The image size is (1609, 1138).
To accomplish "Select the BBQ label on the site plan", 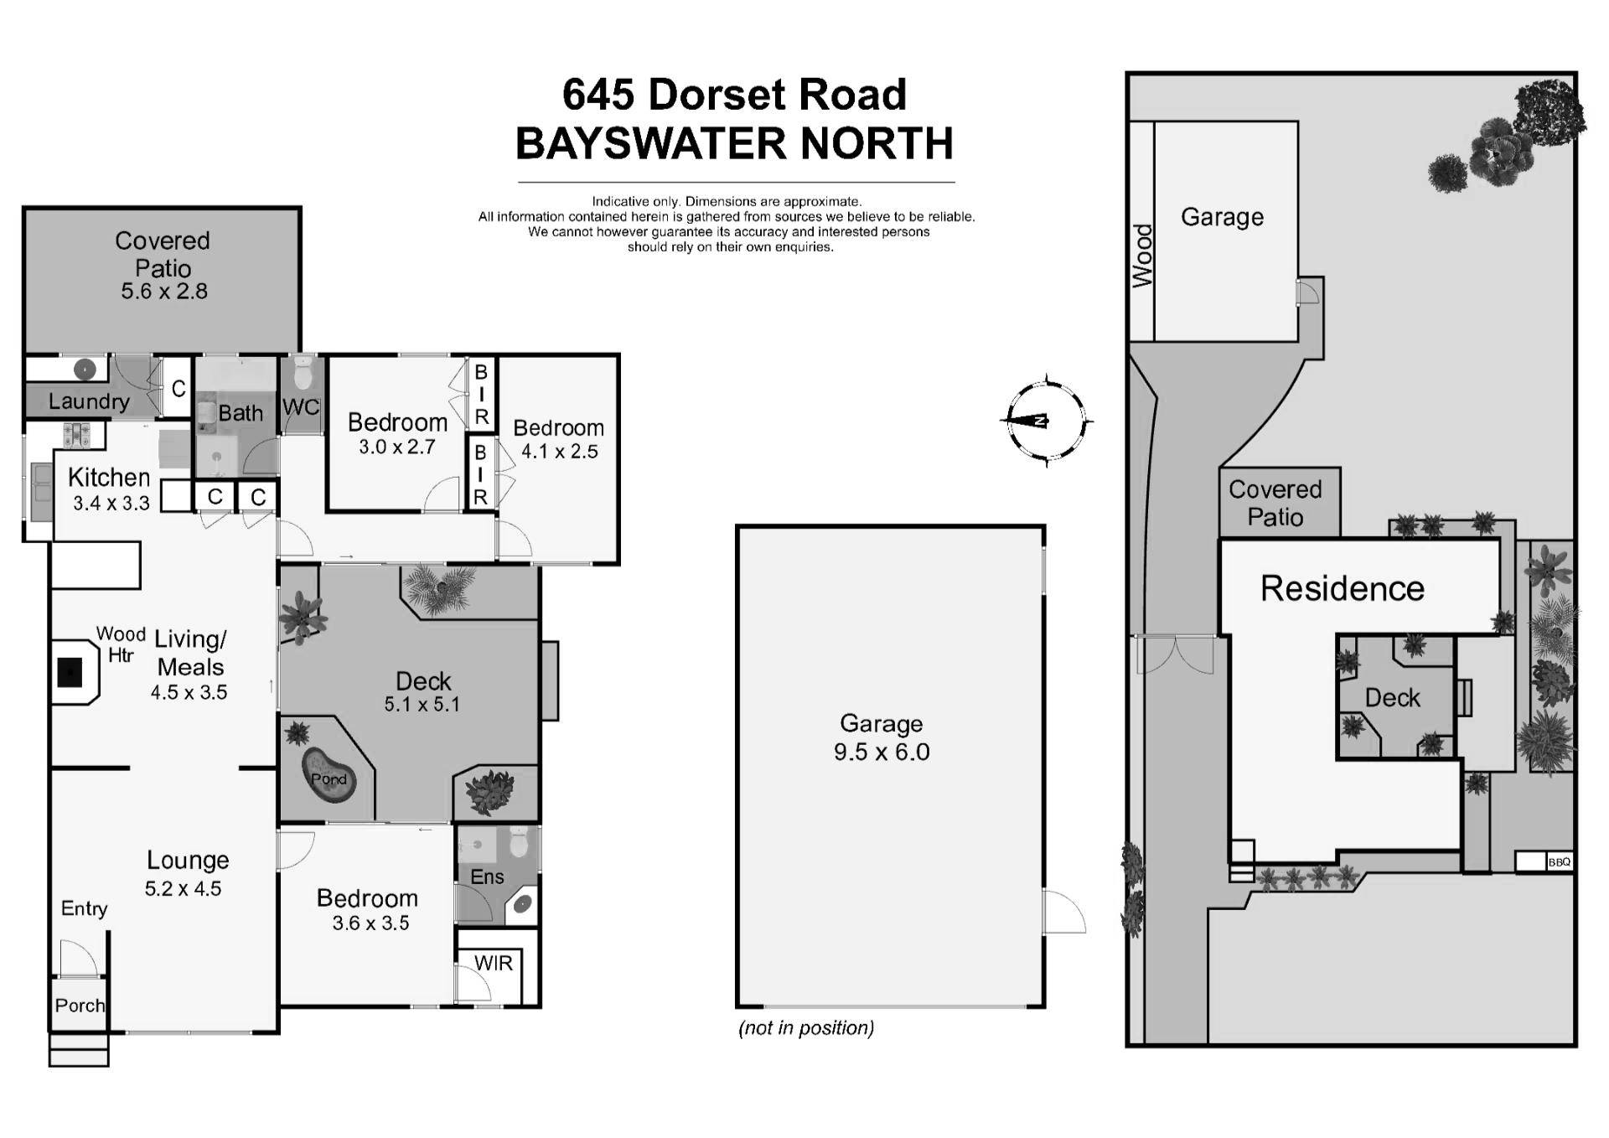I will click(x=1559, y=861).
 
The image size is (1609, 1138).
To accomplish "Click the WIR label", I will click(x=493, y=964).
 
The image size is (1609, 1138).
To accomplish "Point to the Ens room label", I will click(x=487, y=877).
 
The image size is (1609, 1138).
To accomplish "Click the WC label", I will click(x=301, y=407).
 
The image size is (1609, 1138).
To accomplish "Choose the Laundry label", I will click(x=88, y=401).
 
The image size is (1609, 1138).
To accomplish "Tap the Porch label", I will click(x=80, y=1006).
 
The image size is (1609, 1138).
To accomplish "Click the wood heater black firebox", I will click(x=70, y=671).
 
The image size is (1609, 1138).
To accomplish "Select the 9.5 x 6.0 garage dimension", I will click(x=882, y=752).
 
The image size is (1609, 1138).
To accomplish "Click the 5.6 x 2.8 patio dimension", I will click(x=164, y=292).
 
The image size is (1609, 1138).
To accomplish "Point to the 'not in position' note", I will click(x=806, y=1028).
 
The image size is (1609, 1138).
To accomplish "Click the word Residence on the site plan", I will click(x=1342, y=588).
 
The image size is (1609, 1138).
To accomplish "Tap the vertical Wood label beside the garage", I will click(x=1142, y=256).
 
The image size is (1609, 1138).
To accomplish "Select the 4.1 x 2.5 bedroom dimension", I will click(x=560, y=452).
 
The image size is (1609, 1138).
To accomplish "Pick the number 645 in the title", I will click(x=598, y=95).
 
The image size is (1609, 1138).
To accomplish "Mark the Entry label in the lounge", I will click(x=84, y=908).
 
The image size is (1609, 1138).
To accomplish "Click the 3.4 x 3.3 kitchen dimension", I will click(x=111, y=503).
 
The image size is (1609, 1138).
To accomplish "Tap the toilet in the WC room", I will click(x=303, y=375).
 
